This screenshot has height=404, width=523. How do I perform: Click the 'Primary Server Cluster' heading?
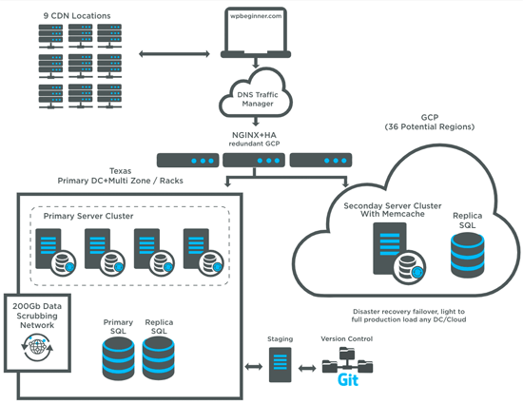[x=89, y=216]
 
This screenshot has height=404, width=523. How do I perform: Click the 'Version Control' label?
[x=348, y=338]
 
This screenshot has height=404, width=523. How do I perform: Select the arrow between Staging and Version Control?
[x=308, y=366]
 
